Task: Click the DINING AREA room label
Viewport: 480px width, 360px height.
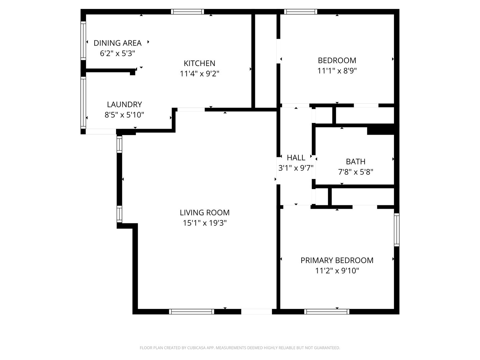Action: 117,43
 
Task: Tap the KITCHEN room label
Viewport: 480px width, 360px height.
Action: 199,63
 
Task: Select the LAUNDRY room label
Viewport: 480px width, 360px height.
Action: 124,104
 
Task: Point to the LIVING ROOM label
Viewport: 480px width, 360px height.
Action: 205,213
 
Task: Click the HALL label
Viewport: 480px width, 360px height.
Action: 296,158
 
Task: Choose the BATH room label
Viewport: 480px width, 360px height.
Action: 355,162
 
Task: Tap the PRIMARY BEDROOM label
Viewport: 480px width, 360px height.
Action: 337,260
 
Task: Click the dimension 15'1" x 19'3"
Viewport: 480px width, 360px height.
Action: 205,223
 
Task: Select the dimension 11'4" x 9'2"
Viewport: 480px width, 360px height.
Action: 199,74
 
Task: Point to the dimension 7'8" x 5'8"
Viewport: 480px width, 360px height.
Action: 355,172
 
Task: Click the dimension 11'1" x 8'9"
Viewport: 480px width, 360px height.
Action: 337,71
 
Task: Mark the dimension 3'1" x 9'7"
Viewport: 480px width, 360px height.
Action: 296,168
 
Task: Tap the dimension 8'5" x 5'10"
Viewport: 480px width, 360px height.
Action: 124,115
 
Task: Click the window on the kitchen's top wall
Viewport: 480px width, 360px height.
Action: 187,12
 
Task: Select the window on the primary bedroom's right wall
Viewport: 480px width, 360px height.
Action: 397,229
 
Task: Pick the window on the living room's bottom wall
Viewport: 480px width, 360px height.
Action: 191,312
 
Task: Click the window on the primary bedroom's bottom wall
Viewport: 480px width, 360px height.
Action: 327,312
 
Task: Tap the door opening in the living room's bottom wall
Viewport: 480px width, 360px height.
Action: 256,312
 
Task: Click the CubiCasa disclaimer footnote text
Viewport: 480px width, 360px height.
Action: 240,348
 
